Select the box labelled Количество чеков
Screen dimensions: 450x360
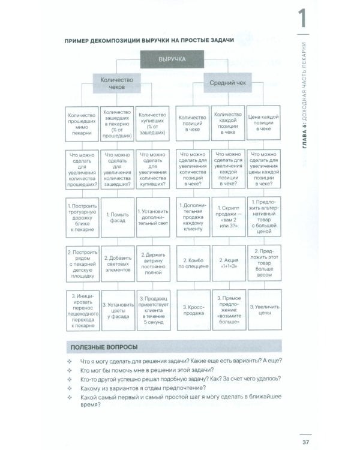coord(116,83)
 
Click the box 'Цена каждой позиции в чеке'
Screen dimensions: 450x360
coord(264,125)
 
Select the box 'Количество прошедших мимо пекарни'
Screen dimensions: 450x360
coord(81,125)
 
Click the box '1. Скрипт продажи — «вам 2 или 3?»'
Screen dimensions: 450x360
coord(228,217)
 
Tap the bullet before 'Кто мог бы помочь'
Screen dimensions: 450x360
coord(71,372)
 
